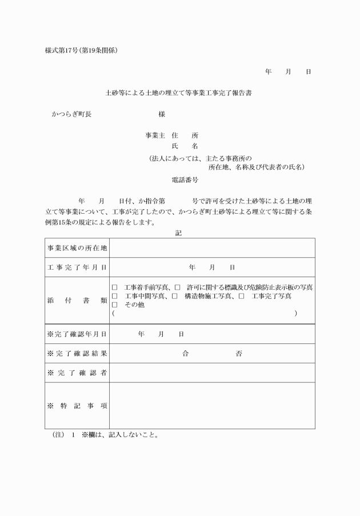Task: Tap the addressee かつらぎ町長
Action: tap(72, 114)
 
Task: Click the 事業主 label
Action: tap(155, 135)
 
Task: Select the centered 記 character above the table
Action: tap(179, 233)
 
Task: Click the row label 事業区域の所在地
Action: tap(77, 248)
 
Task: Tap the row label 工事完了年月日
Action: tap(77, 267)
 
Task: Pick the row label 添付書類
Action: tap(77, 300)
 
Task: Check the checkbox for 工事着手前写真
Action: tap(115, 287)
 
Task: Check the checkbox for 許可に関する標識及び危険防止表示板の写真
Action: tap(177, 287)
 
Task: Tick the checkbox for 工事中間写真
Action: tap(115, 296)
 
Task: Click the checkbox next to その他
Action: tap(115, 305)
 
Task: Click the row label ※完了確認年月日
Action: tap(77, 334)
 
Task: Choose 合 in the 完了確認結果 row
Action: tap(185, 354)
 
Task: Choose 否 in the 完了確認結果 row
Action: tap(239, 354)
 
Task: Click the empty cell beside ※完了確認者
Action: tap(211, 373)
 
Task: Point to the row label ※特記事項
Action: tap(77, 406)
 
